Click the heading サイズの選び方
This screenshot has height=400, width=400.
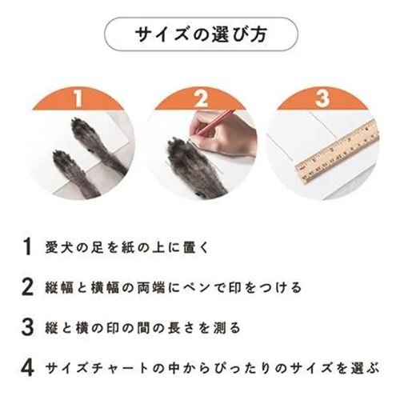[201, 34]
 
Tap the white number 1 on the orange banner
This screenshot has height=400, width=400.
[78, 98]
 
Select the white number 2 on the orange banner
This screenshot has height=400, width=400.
[201, 98]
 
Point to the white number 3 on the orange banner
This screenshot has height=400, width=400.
[322, 98]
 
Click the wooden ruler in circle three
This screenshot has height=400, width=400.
[338, 150]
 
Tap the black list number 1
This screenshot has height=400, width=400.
[28, 247]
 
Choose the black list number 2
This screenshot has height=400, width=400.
[28, 287]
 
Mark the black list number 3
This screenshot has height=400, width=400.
[28, 327]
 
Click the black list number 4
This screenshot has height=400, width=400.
[28, 368]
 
